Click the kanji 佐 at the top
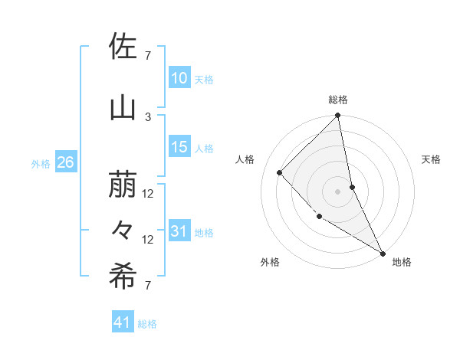pyautogui.click(x=123, y=47)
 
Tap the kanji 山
pyautogui.click(x=123, y=108)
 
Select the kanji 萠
pyautogui.click(x=123, y=185)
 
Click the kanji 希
pyautogui.click(x=123, y=277)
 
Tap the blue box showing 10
pyautogui.click(x=179, y=78)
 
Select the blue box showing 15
pyautogui.click(x=179, y=147)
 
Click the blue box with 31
pyautogui.click(x=179, y=231)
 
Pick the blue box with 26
pyautogui.click(x=66, y=162)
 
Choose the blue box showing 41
pyautogui.click(x=123, y=323)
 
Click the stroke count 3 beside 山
pyautogui.click(x=148, y=116)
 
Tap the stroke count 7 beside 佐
pyautogui.click(x=148, y=55)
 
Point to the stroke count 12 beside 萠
pyautogui.click(x=148, y=194)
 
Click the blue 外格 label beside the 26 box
pyautogui.click(x=41, y=163)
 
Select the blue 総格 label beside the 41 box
pyautogui.click(x=147, y=324)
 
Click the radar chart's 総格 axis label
pyautogui.click(x=338, y=100)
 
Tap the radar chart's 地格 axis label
pyautogui.click(x=402, y=262)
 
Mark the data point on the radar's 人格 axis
pyautogui.click(x=280, y=172)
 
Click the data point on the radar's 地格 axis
pyautogui.click(x=383, y=253)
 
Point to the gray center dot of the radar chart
pyautogui.click(x=338, y=191)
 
